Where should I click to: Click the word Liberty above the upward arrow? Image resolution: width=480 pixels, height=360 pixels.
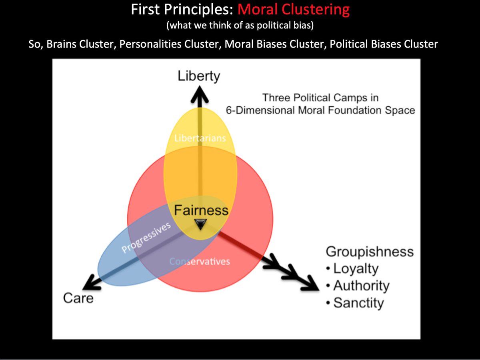click(x=199, y=76)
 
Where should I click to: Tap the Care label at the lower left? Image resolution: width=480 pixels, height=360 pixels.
click(x=78, y=298)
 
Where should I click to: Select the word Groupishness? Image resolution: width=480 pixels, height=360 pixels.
click(x=369, y=252)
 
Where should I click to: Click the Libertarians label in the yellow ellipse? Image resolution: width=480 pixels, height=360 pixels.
click(x=200, y=138)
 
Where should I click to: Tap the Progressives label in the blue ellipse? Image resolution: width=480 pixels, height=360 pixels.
click(x=146, y=238)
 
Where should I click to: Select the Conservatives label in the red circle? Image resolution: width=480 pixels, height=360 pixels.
click(x=200, y=262)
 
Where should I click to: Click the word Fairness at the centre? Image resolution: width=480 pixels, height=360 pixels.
click(x=201, y=210)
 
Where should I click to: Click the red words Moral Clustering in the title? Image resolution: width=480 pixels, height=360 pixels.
click(x=293, y=9)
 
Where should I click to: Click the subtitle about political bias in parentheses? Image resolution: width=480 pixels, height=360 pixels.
click(x=240, y=25)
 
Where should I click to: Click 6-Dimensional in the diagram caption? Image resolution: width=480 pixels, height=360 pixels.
click(x=256, y=110)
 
